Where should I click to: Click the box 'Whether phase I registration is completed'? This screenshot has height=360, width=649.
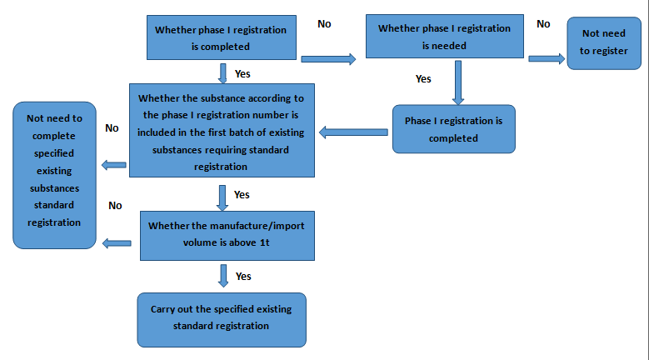point(221,38)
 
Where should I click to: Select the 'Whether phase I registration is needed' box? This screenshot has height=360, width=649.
point(444,37)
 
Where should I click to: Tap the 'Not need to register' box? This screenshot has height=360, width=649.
point(603,43)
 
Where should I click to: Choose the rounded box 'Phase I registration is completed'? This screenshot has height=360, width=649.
point(453,129)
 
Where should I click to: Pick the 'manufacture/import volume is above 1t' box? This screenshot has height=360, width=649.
point(227,234)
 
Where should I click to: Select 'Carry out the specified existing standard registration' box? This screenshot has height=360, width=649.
point(221,318)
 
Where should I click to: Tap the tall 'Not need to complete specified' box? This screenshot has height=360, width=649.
point(54,175)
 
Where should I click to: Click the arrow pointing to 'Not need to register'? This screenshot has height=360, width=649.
point(546,58)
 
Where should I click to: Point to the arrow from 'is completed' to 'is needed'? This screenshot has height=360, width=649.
point(327,58)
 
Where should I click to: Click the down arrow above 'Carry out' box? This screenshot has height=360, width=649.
point(223,274)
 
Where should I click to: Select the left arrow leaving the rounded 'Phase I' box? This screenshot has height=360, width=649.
point(353,131)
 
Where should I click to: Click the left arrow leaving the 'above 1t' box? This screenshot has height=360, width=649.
point(117,243)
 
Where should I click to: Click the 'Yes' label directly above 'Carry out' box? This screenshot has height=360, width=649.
point(243,276)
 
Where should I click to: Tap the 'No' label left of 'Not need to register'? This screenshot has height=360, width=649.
point(543,24)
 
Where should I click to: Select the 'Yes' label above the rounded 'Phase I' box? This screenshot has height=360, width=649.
point(423,79)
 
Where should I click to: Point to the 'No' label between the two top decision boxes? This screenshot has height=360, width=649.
point(324,24)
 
